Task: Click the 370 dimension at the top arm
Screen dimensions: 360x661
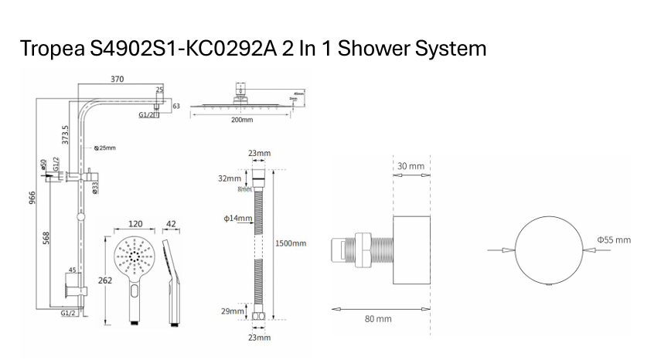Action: [117, 80]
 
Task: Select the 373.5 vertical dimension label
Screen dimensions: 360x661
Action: [66, 134]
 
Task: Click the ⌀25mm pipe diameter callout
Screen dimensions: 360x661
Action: [104, 148]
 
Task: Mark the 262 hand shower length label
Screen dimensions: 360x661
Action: [106, 280]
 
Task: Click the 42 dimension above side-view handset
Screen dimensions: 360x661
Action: [171, 225]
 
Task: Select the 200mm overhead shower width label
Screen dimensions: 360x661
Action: [242, 121]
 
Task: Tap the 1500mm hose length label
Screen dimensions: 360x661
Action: [291, 243]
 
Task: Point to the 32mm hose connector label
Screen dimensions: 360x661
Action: [230, 178]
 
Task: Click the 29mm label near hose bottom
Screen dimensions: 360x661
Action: [232, 311]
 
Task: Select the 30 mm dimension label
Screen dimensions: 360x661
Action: [411, 166]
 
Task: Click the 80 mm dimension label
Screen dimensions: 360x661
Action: [378, 318]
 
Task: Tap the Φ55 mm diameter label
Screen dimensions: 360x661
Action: [614, 240]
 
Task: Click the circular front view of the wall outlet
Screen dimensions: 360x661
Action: [547, 250]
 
